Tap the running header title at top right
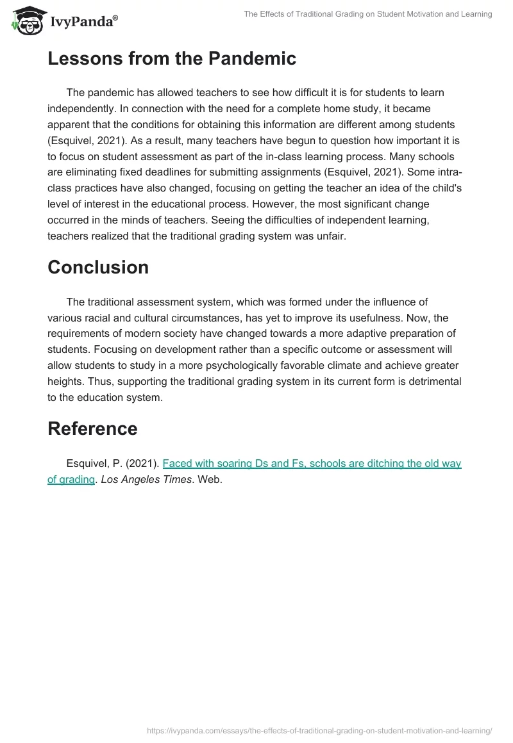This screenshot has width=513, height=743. pos(368,14)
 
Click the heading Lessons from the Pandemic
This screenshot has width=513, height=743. pos(172,59)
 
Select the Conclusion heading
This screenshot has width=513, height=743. pos(98,267)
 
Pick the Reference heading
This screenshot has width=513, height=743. pos(92,429)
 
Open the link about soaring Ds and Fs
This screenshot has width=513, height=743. pos(312,463)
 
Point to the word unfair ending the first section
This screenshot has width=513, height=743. pos(329,236)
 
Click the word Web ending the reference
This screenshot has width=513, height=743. pos(210,478)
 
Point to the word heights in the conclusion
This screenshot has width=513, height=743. pos(65,382)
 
